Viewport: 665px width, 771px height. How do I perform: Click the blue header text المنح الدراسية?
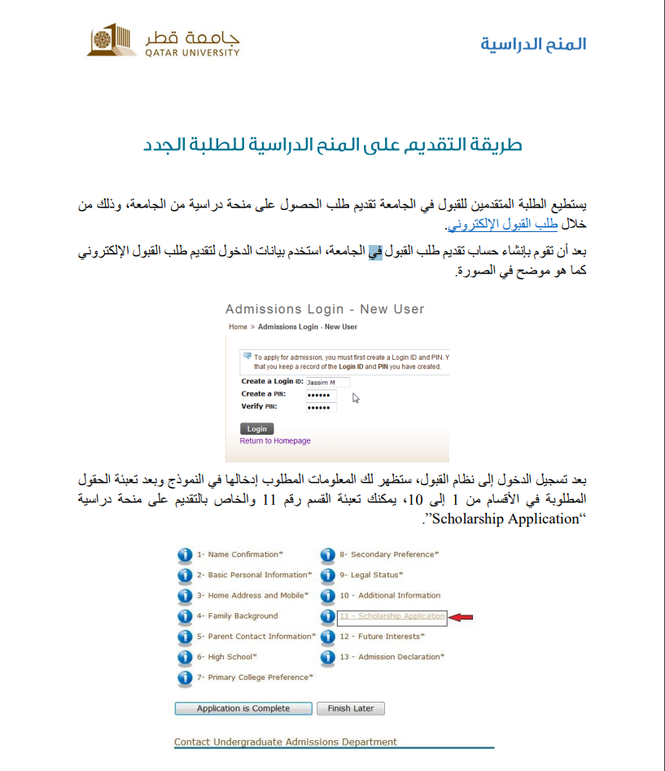[x=533, y=44]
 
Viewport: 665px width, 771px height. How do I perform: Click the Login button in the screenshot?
[x=256, y=428]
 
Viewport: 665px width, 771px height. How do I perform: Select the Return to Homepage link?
[x=275, y=441]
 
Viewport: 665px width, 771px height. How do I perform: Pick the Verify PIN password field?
[x=321, y=407]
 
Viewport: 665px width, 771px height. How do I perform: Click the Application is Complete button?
[x=243, y=708]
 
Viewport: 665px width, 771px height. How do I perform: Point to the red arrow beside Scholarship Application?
[x=462, y=617]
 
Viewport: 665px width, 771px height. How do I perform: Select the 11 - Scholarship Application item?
[x=392, y=616]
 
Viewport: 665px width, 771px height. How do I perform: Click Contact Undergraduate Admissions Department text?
[x=286, y=742]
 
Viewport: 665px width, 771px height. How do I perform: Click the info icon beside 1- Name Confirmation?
[x=185, y=555]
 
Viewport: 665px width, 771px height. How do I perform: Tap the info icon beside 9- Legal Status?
[x=327, y=576]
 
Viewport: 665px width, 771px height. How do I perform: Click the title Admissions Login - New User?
[x=325, y=309]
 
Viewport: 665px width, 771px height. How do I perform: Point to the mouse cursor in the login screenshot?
[x=356, y=397]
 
